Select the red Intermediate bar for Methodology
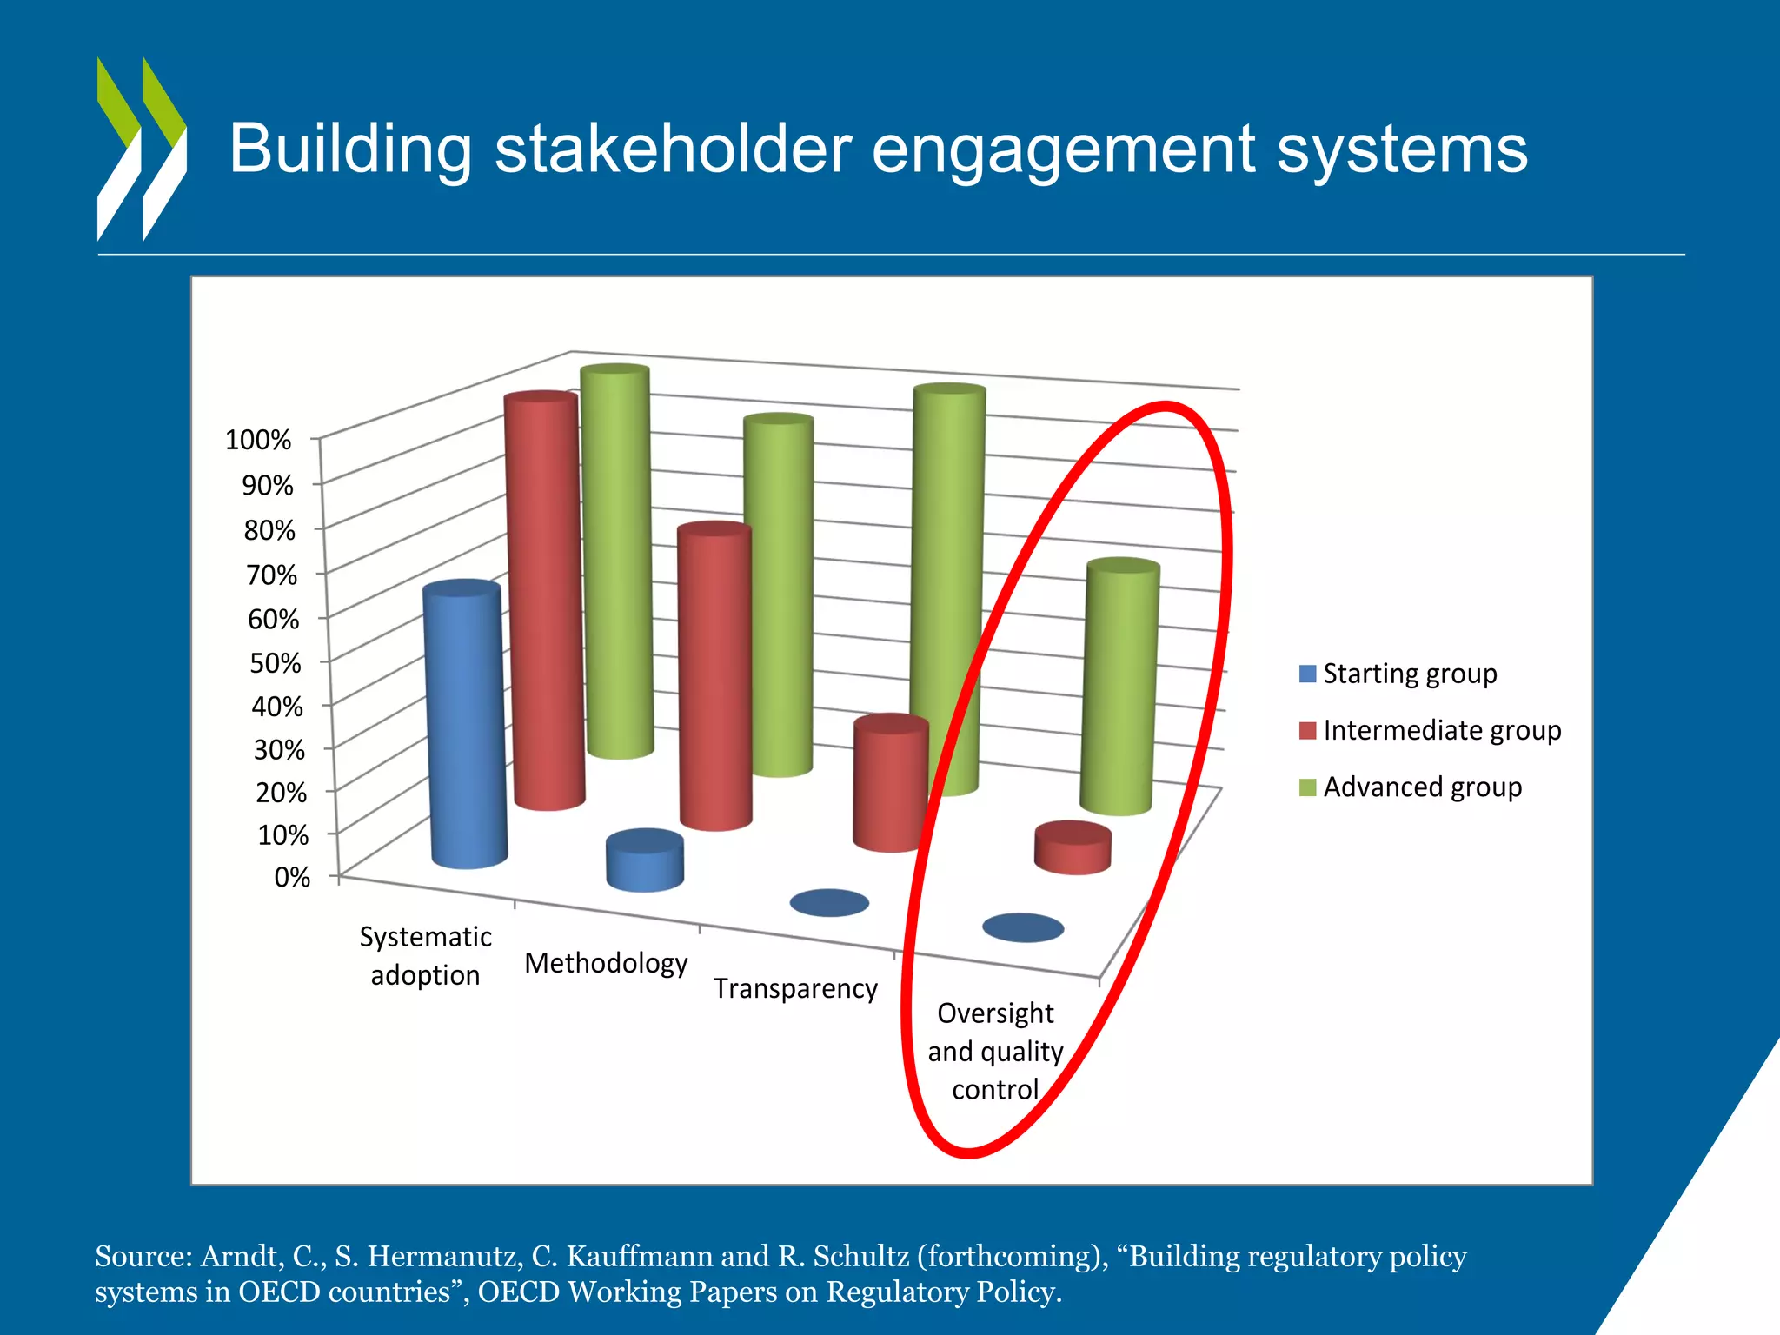click(714, 678)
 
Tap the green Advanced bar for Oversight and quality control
click(1119, 687)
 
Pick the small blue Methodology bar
click(645, 860)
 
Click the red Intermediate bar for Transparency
click(890, 782)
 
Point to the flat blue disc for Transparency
click(829, 903)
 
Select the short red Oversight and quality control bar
click(1073, 847)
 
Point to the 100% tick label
click(258, 440)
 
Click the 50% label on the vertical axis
click(275, 663)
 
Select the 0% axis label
click(292, 877)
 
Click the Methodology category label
click(606, 963)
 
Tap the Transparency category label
click(795, 988)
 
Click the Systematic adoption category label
click(425, 956)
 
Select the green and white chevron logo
click(141, 148)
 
